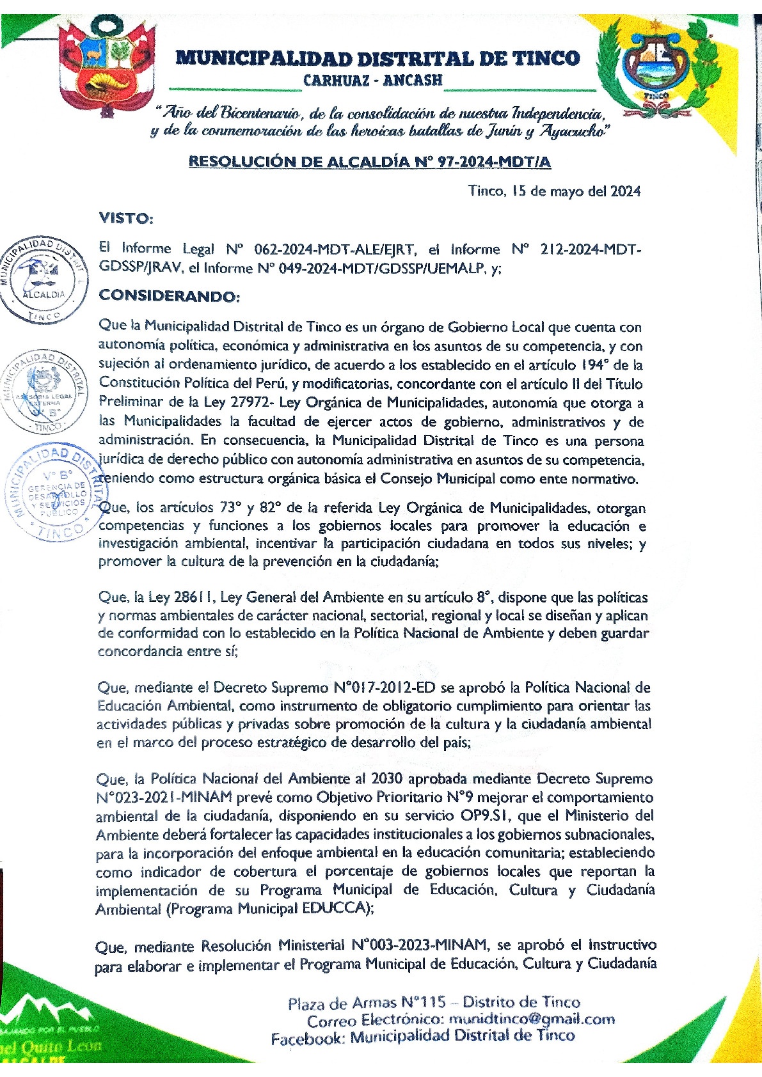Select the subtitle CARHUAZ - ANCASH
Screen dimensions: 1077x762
[x=372, y=81]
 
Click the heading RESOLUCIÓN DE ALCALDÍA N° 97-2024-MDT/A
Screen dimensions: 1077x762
[x=369, y=162]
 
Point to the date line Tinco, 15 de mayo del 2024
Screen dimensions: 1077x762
[x=554, y=191]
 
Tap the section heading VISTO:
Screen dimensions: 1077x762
[x=125, y=219]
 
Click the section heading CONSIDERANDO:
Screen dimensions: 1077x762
[x=169, y=296]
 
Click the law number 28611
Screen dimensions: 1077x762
[x=194, y=597]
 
